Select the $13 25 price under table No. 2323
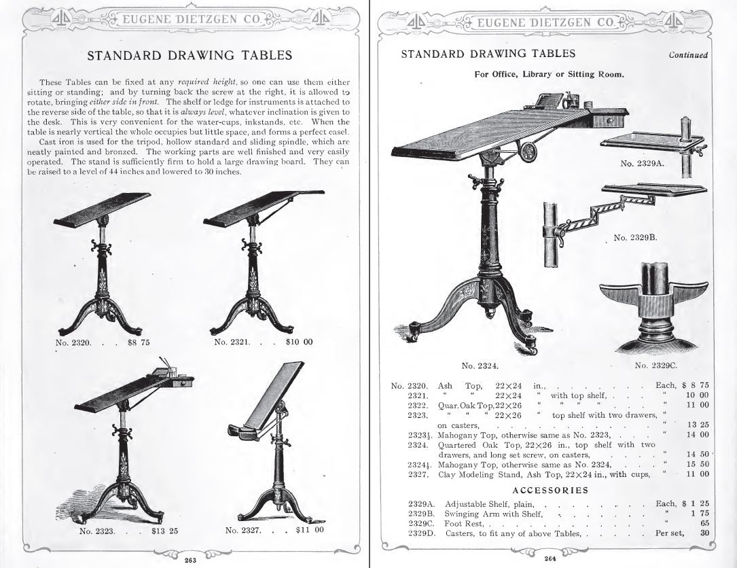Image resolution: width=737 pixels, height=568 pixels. (x=164, y=531)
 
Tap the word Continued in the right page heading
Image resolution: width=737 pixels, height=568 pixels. (x=687, y=55)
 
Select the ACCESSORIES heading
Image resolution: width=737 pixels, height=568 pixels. (x=551, y=489)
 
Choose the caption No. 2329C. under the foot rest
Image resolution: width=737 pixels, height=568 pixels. (x=656, y=366)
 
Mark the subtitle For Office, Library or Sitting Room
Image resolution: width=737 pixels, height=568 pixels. (x=549, y=74)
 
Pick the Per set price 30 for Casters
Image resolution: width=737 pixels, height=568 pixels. (x=704, y=533)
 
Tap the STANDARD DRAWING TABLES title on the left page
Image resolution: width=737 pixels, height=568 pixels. (x=190, y=55)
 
